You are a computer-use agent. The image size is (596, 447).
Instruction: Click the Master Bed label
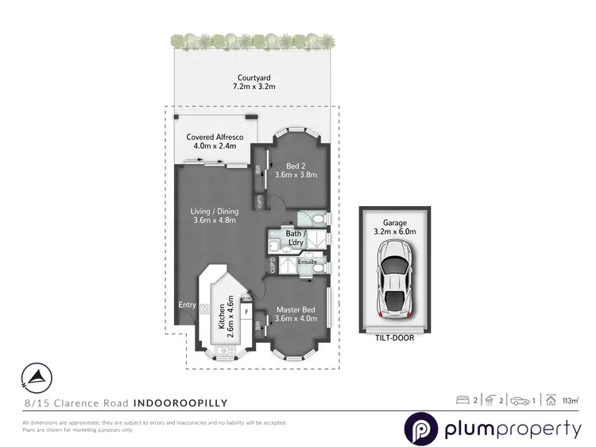[x=296, y=309]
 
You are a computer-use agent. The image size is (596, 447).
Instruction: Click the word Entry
[x=188, y=305]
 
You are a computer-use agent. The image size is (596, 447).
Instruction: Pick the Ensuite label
[x=308, y=261]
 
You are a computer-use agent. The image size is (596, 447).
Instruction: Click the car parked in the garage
[x=396, y=278]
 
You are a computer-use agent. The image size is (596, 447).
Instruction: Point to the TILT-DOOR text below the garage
[x=396, y=337]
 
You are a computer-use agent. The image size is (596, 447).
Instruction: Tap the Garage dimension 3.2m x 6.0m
[x=396, y=231]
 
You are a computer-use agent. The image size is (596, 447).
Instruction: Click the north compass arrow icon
[x=35, y=376]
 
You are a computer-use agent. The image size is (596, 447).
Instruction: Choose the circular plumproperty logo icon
[x=420, y=430]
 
